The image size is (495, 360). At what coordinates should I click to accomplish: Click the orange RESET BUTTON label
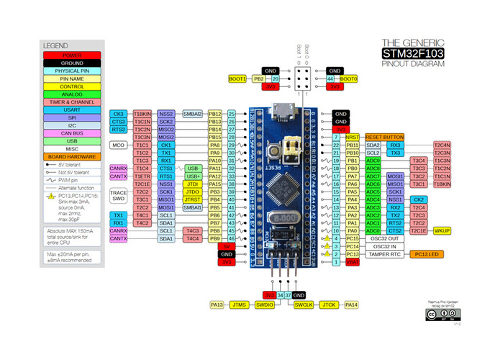click(384, 136)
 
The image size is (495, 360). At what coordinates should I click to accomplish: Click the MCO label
click(118, 145)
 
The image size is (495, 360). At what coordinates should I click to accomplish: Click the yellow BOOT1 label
click(237, 78)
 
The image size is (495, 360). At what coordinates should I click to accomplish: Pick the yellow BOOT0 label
click(348, 78)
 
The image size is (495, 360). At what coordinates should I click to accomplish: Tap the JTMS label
click(240, 305)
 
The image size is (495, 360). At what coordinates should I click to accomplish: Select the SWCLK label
click(304, 305)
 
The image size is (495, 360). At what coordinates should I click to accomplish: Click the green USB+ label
click(193, 176)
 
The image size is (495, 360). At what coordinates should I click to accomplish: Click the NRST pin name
click(352, 136)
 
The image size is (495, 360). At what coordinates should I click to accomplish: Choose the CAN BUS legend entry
click(71, 133)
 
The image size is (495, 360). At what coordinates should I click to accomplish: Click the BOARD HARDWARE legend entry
click(71, 156)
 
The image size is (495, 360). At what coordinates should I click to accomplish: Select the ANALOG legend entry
click(71, 93)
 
